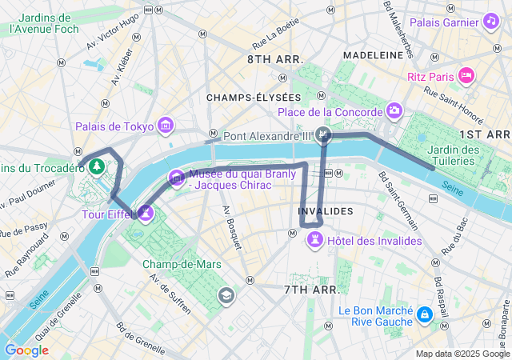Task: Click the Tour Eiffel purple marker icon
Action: pos(146,213)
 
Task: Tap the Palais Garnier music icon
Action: pos(490,22)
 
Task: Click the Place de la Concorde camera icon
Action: pos(394,110)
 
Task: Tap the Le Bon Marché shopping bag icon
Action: pos(422,315)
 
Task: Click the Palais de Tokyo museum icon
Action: pos(166,125)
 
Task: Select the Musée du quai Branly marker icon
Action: pos(176,177)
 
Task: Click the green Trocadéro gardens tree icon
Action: pos(97,166)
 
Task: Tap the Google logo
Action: pos(26,350)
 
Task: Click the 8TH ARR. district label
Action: pos(275,60)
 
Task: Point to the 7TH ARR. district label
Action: pos(312,289)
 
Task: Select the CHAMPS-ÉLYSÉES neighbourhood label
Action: pos(242,97)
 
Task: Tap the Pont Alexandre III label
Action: pos(266,136)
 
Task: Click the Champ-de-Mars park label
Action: pos(181,264)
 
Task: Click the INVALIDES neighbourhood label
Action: pos(325,211)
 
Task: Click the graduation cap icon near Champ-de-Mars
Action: pos(227,296)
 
